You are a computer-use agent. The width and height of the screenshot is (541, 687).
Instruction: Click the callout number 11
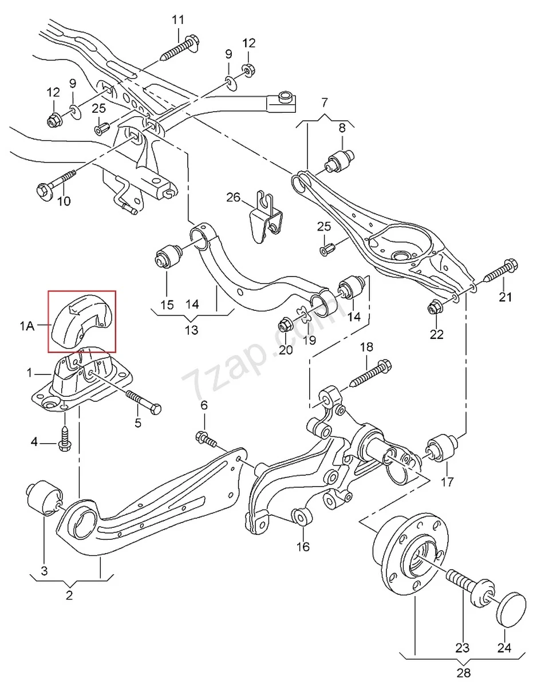point(178,20)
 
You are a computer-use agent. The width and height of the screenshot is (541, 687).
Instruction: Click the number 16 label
point(303,546)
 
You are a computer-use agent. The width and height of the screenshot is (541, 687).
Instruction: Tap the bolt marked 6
point(207,440)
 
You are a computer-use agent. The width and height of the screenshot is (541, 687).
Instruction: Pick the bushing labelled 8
point(341,160)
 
